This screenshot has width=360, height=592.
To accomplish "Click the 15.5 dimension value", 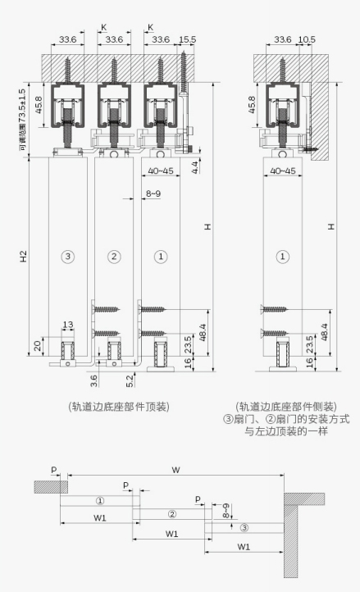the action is click(187, 39).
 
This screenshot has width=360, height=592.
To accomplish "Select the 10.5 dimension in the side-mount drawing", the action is click(307, 39).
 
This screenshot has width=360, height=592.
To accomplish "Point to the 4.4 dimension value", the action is click(195, 167).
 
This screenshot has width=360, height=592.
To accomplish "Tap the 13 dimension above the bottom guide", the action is click(68, 325).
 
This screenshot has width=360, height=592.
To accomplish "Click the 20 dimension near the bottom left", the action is click(38, 345).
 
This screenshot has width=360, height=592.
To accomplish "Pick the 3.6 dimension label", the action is click(94, 380).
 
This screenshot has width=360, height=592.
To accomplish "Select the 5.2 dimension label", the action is click(130, 380).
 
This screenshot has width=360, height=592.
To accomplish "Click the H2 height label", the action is click(24, 257).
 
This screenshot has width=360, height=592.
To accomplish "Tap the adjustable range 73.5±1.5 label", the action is click(22, 120).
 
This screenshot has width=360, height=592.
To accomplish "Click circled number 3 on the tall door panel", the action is click(67, 257).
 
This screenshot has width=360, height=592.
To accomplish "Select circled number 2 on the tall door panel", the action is click(114, 257).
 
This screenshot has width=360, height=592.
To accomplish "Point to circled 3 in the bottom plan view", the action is click(244, 527).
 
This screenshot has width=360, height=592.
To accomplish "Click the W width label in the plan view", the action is click(175, 470).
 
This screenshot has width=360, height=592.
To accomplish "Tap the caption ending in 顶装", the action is click(119, 407).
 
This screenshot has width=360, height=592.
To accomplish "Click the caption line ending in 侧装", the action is click(286, 407).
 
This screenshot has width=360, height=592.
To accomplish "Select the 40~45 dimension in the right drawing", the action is click(283, 171).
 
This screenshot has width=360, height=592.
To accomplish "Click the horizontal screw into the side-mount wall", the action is click(311, 149).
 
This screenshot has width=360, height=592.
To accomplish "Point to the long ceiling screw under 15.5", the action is click(184, 72).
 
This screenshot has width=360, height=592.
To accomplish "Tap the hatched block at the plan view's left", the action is click(51, 487).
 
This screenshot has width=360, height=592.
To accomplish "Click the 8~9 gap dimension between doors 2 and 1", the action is click(153, 194).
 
